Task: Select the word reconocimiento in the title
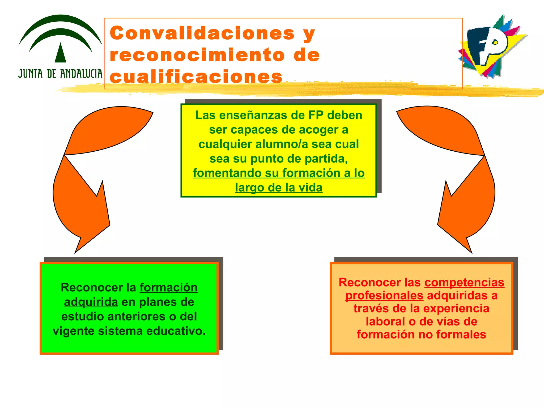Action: (197, 55)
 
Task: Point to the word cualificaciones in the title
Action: (196, 77)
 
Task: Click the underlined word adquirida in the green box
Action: (91, 302)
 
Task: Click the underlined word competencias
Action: (464, 283)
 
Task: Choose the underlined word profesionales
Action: (384, 296)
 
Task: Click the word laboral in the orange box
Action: (385, 322)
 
